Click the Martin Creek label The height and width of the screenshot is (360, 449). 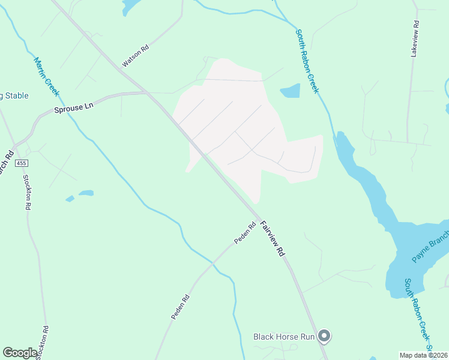(46, 76)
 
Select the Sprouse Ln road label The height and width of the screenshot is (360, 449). (74, 107)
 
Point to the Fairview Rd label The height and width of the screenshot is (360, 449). (272, 239)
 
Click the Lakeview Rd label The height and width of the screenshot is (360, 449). (415, 40)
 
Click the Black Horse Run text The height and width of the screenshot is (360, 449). (284, 337)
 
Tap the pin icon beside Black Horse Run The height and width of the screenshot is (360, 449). (324, 337)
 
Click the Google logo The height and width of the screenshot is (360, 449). (20, 353)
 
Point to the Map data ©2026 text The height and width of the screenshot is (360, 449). (423, 355)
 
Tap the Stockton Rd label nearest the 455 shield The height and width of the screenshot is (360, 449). (26, 192)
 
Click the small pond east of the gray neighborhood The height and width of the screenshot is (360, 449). (291, 91)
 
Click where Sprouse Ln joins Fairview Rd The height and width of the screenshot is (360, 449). (147, 93)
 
